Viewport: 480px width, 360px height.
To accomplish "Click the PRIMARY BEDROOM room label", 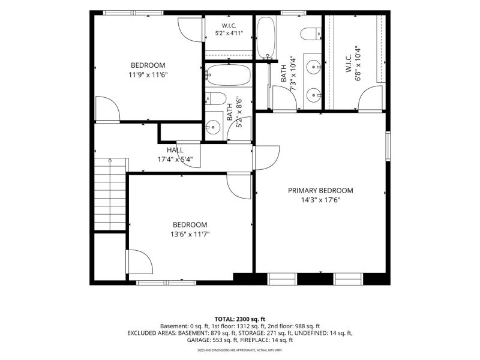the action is [320, 191].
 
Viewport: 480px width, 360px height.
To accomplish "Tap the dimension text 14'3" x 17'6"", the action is [320, 200].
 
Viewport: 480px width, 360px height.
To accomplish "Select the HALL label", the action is [175, 150].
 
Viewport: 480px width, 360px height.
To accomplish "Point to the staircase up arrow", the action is [110, 194].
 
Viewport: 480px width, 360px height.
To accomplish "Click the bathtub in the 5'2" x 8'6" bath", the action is [229, 75].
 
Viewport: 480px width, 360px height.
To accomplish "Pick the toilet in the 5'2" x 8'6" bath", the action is [215, 98].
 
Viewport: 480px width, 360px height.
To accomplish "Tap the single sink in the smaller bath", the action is [213, 127].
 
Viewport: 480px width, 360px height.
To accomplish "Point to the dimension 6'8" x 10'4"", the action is [358, 64].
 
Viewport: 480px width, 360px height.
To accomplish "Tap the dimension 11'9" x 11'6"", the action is [148, 74].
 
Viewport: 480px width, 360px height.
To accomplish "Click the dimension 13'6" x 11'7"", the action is [190, 235].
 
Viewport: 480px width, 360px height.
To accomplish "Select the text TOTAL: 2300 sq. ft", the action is [239, 319].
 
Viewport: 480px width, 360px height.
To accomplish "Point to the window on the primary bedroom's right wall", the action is [388, 146].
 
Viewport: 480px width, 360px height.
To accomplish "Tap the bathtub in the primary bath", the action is [266, 37].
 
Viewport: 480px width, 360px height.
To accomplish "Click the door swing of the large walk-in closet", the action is [370, 97].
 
